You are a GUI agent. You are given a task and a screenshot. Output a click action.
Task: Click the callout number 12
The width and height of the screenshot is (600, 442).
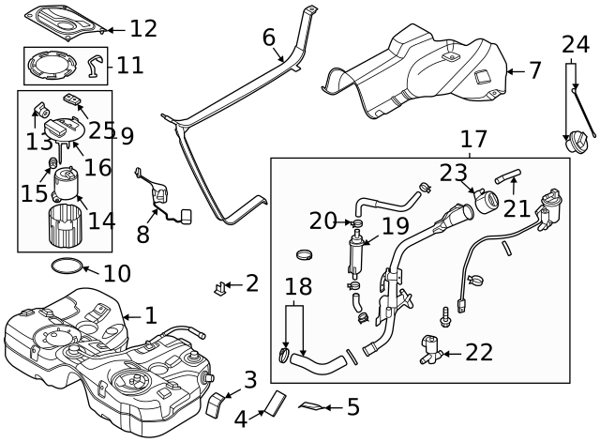[x=142, y=28]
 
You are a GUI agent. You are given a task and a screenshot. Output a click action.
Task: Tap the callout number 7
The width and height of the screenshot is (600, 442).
[x=534, y=70]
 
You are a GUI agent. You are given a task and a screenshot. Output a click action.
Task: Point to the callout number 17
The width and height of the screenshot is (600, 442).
[x=473, y=139]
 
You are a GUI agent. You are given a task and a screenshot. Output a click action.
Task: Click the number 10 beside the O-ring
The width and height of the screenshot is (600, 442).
[x=116, y=274]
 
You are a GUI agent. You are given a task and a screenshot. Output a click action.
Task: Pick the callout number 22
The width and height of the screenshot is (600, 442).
[x=478, y=352]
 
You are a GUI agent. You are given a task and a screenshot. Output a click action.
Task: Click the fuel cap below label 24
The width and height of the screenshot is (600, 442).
[x=573, y=145]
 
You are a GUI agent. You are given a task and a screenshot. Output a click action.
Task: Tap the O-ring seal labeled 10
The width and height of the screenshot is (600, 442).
[x=65, y=267]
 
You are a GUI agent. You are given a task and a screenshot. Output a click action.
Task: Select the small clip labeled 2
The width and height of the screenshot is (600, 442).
[x=221, y=286]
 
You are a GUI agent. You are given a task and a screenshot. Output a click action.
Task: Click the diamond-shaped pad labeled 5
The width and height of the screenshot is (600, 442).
[x=312, y=406]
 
